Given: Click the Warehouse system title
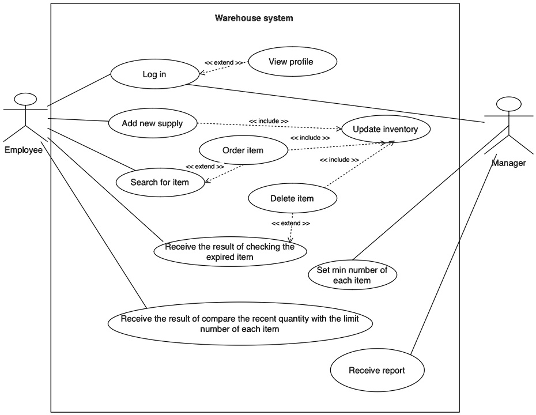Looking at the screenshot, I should [x=254, y=18].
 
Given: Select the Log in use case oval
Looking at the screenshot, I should [x=154, y=74].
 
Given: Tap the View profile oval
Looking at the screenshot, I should [x=291, y=62].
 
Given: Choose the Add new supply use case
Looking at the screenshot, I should [x=152, y=123].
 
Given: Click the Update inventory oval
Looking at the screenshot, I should [x=385, y=129].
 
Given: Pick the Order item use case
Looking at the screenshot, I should [x=243, y=151].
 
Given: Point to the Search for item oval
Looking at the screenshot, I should [x=160, y=182].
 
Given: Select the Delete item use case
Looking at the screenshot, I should [x=292, y=199].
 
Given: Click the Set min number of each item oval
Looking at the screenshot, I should [x=352, y=276].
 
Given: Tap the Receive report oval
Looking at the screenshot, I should [x=376, y=371].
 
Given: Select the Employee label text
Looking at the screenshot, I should [x=24, y=150].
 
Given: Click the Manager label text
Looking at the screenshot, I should [x=508, y=163].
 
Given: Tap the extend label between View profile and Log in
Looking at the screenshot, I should [x=224, y=62].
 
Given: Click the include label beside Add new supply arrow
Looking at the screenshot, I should [x=269, y=120].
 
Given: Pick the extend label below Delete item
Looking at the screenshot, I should [x=290, y=223].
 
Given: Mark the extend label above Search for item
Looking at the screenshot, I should [x=205, y=167].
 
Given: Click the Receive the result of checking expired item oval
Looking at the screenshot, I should [x=229, y=252].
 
